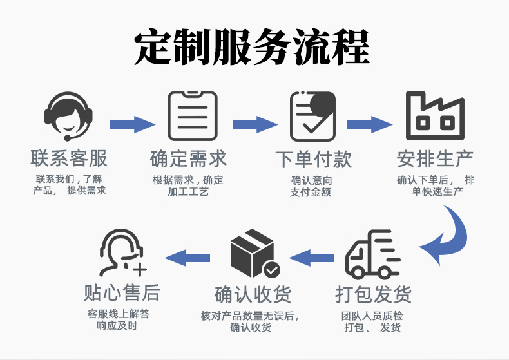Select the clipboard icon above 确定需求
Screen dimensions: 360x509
193,117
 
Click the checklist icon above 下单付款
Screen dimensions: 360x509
312,117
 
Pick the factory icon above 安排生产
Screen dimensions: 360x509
435,117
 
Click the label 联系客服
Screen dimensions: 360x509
69,158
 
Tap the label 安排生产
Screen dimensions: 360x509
435,158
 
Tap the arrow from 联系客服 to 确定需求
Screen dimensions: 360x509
132,123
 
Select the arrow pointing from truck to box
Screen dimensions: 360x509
312,258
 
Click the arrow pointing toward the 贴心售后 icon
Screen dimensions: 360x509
187,258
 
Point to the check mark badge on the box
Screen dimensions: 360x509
271,269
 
